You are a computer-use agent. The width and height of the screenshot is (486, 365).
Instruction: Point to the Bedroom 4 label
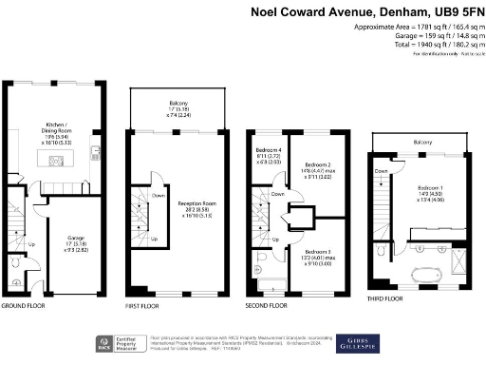click(x=269, y=152)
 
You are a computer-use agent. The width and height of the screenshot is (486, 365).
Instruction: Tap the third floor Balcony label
click(x=423, y=144)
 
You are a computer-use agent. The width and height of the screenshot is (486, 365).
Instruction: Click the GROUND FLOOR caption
click(x=25, y=306)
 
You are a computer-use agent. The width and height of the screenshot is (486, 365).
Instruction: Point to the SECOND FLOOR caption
click(x=266, y=306)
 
